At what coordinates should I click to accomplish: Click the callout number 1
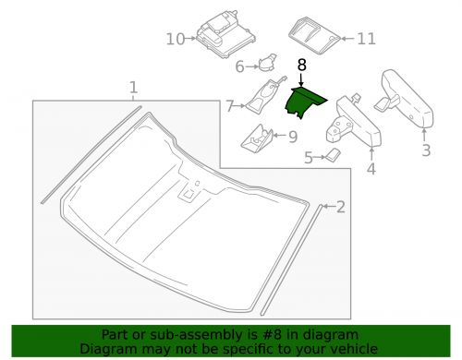[x=134, y=89]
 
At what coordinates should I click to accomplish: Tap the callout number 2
[x=340, y=207]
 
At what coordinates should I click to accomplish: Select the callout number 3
[x=426, y=150]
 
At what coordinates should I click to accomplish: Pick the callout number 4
[x=370, y=170]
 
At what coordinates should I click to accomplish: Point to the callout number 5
[x=308, y=158]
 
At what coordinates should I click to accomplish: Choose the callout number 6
[x=239, y=66]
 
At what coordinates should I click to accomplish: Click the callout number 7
[x=229, y=107]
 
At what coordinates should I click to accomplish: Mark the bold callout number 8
[x=301, y=66]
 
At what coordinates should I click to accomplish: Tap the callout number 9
[x=292, y=137]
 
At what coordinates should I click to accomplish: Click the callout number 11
[x=367, y=39]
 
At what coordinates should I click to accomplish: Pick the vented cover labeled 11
[x=314, y=35]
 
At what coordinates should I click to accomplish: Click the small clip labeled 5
[x=330, y=156]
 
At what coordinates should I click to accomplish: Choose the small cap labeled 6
[x=266, y=63]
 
